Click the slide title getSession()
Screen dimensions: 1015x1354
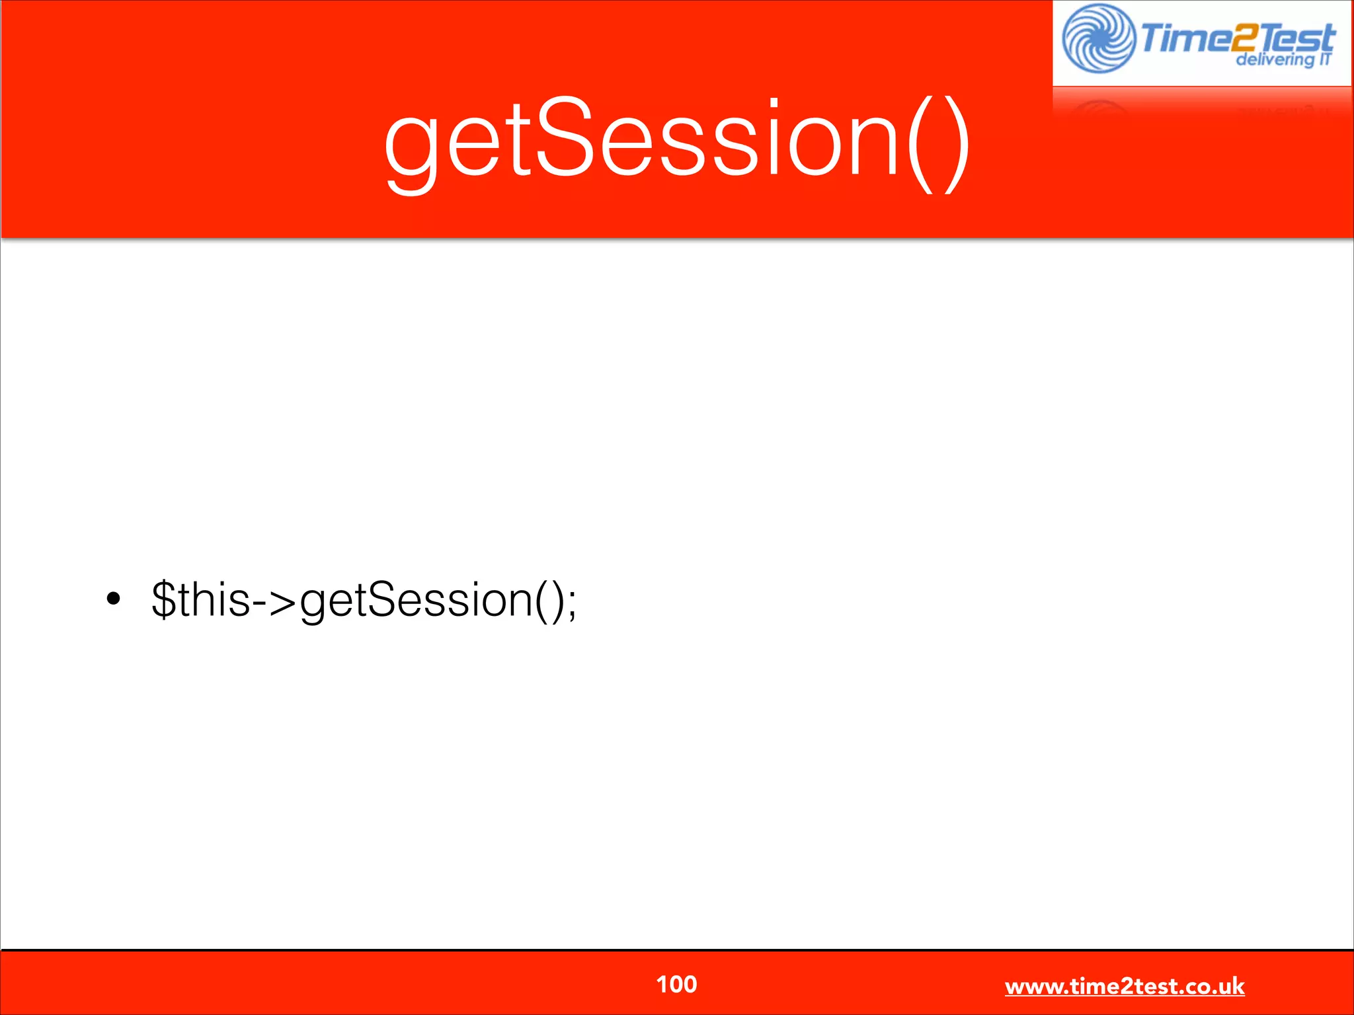[677, 142]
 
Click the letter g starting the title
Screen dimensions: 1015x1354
[411, 149]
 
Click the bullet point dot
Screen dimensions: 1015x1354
[114, 599]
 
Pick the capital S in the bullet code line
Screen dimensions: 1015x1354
[383, 599]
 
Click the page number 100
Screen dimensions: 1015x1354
[676, 985]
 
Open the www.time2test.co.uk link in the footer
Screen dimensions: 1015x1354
[1124, 987]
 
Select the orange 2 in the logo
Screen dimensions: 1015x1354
[1244, 38]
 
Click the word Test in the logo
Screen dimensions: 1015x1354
[1297, 38]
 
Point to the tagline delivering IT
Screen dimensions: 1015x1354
[1283, 59]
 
